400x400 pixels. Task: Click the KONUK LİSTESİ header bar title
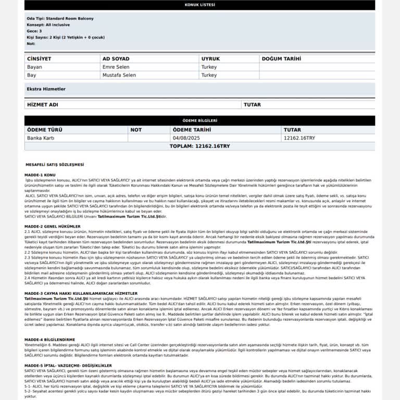tap(200, 5)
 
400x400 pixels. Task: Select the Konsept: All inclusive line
tap(51, 24)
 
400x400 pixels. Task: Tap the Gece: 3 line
tap(34, 31)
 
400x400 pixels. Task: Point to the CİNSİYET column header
tap(39, 59)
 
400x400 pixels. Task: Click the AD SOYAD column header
tap(116, 59)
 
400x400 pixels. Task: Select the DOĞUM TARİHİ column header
tap(282, 59)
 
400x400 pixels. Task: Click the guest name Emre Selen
tap(116, 67)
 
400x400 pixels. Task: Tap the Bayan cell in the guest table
tap(35, 67)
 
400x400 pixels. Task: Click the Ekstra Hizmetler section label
tap(46, 89)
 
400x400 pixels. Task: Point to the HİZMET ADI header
tap(42, 105)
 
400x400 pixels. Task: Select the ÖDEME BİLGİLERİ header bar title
tap(200, 120)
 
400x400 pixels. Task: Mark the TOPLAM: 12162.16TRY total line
tap(200, 146)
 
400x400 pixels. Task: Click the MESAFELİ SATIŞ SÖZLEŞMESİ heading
tap(51, 165)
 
